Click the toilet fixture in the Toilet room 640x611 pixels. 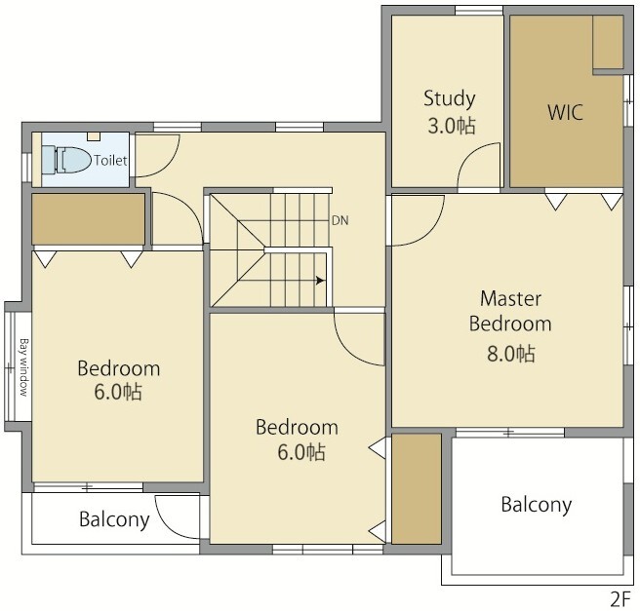(66, 160)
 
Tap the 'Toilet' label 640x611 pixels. (110, 160)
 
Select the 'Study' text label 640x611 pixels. (450, 99)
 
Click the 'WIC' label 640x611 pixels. (565, 112)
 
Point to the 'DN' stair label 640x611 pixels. (340, 220)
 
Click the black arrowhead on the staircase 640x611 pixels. (320, 281)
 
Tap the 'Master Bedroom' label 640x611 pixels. (510, 311)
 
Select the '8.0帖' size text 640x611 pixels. (510, 354)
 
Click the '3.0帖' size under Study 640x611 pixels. (452, 126)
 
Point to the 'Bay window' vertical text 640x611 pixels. (23, 367)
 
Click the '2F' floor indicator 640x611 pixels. (620, 599)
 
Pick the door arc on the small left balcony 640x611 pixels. (165, 526)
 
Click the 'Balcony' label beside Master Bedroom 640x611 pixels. (537, 506)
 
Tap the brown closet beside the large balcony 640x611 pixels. (417, 489)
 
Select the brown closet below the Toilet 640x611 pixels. (88, 219)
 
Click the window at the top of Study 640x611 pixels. (479, 11)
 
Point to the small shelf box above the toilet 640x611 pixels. (94, 136)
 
